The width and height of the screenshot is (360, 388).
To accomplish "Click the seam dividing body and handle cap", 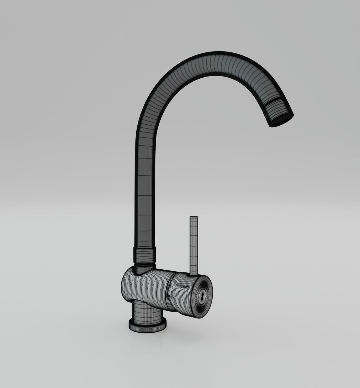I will [x=169, y=291].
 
